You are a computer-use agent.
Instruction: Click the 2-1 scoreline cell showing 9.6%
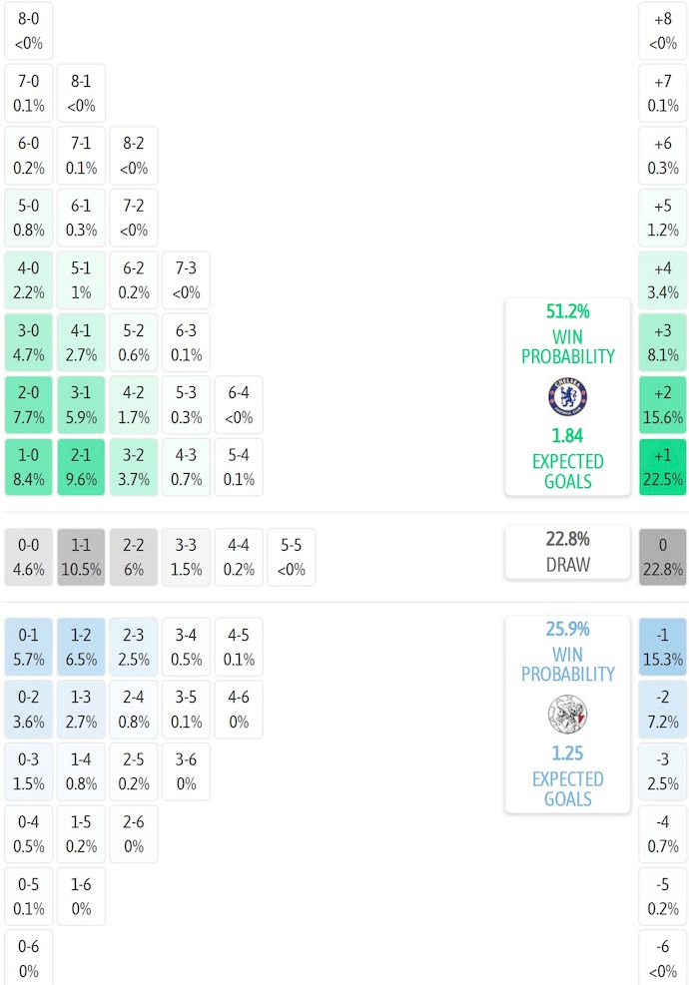pyautogui.click(x=81, y=467)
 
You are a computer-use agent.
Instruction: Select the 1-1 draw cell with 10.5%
pyautogui.click(x=81, y=557)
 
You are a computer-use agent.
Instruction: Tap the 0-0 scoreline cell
pyautogui.click(x=29, y=557)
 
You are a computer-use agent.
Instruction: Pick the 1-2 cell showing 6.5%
pyautogui.click(x=81, y=647)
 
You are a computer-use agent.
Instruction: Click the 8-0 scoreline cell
pyautogui.click(x=29, y=31)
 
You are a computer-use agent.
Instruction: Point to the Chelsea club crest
pyautogui.click(x=567, y=397)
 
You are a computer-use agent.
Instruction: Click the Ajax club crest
pyautogui.click(x=567, y=715)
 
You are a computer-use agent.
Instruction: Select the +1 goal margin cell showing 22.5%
pyautogui.click(x=663, y=467)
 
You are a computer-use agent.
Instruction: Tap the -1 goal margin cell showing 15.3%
pyautogui.click(x=663, y=647)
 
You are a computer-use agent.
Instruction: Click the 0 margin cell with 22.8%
pyautogui.click(x=663, y=557)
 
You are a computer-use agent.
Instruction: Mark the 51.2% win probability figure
pyautogui.click(x=567, y=311)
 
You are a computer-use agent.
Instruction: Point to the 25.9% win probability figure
pyautogui.click(x=567, y=630)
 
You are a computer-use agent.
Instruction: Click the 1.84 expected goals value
pyautogui.click(x=567, y=436)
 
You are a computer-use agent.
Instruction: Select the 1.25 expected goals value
pyautogui.click(x=567, y=753)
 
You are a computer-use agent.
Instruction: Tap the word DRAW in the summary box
pyautogui.click(x=567, y=565)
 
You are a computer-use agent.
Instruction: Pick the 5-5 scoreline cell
pyautogui.click(x=291, y=557)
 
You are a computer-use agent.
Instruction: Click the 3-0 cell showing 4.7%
pyautogui.click(x=29, y=342)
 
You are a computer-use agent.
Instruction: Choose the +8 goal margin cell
pyautogui.click(x=663, y=31)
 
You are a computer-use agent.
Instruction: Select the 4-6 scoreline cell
pyautogui.click(x=239, y=709)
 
